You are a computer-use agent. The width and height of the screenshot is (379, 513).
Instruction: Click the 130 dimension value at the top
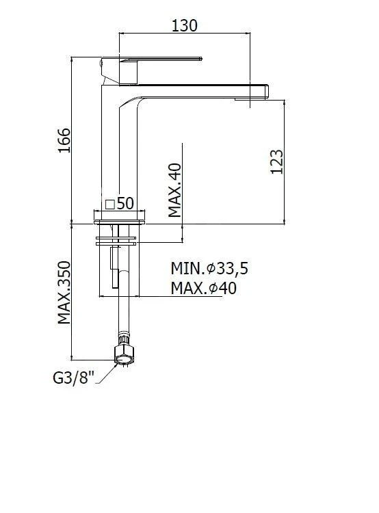tap(184, 25)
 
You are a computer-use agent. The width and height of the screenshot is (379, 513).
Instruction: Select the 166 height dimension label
tap(64, 140)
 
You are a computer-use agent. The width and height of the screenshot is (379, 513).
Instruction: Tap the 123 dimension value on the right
tap(277, 161)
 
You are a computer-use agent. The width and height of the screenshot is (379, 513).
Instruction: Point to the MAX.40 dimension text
tap(174, 190)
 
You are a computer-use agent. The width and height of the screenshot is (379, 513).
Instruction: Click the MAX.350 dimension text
tap(64, 293)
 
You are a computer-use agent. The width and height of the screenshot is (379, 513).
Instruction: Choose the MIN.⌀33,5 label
tap(209, 269)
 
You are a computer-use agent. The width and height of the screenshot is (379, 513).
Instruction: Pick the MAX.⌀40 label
tap(203, 288)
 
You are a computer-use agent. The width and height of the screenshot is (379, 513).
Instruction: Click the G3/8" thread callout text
tap(73, 378)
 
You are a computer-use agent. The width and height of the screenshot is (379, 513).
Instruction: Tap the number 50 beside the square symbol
tap(125, 204)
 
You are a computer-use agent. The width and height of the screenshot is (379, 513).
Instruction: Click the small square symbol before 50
tap(110, 205)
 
